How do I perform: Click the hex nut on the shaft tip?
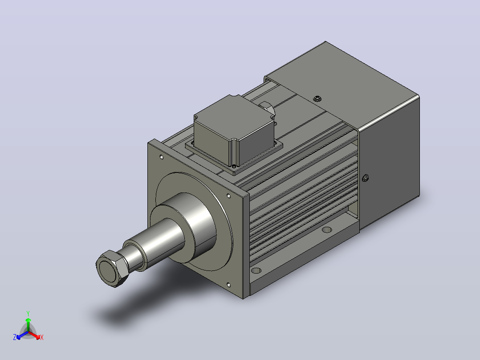pyautogui.click(x=112, y=269)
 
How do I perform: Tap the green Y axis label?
pyautogui.click(x=28, y=313)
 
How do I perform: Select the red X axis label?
pyautogui.click(x=42, y=337)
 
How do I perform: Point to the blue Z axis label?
pyautogui.click(x=15, y=337)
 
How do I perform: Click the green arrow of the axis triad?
pyautogui.click(x=28, y=324)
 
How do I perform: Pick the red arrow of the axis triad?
pyautogui.click(x=35, y=335)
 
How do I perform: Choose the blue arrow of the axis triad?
pyautogui.click(x=22, y=335)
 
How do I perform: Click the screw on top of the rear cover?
pyautogui.click(x=317, y=98)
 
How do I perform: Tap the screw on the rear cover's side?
pyautogui.click(x=365, y=178)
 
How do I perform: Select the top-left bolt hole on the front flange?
pyautogui.click(x=162, y=157)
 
